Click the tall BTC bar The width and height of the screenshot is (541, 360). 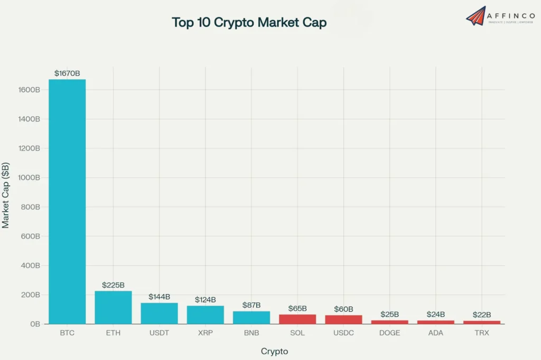coord(67,201)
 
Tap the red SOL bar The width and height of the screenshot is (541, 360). coord(297,319)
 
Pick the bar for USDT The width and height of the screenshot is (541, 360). coord(159,313)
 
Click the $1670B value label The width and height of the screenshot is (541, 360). coord(67,73)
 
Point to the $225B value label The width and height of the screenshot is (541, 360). coord(113,285)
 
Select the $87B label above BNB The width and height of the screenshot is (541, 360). coord(251,305)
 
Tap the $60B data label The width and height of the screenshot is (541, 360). coord(343,309)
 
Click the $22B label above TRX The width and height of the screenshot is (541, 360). coord(481,315)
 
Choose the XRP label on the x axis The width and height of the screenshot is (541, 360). coord(205,333)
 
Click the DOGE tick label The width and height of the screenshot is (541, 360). coord(389,333)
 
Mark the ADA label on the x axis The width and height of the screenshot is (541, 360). coord(435,333)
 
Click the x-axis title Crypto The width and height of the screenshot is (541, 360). coord(274,351)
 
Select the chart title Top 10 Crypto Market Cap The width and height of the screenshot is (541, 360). coord(249,22)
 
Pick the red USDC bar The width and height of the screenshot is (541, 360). coord(343,319)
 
